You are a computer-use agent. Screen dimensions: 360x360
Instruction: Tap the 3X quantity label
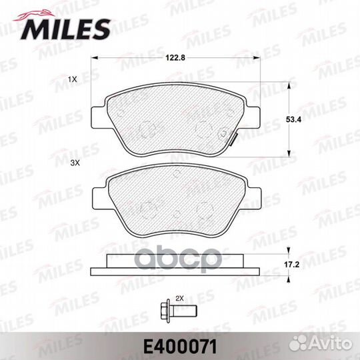pyautogui.click(x=75, y=162)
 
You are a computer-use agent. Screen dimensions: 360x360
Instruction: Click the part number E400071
pyautogui.click(x=179, y=345)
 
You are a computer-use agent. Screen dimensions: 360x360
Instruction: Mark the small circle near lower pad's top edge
pyautogui.click(x=175, y=175)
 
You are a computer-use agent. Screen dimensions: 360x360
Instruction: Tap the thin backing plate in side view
pyautogui.click(x=175, y=271)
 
